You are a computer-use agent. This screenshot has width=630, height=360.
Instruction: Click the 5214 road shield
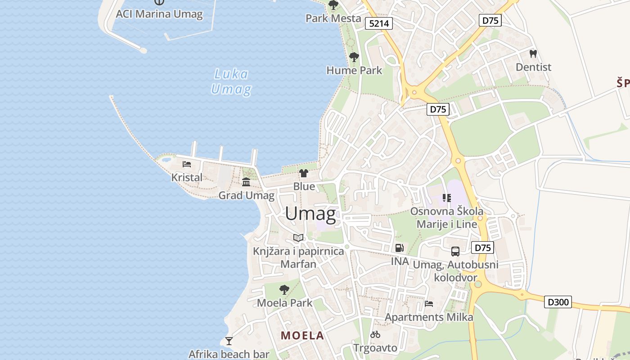379,23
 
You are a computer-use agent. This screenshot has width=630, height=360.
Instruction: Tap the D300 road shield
558,302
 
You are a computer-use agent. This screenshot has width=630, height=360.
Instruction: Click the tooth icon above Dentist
533,54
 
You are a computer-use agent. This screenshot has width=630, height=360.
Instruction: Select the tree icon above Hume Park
354,57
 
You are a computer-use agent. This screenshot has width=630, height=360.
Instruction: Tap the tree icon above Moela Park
284,289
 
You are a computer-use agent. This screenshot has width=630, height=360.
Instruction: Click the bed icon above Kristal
187,164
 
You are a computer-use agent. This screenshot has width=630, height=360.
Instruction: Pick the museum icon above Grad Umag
246,182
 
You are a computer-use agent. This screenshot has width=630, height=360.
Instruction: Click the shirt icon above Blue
304,173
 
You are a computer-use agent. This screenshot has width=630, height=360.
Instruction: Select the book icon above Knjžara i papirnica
298,238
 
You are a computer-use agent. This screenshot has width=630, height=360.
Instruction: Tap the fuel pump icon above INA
399,247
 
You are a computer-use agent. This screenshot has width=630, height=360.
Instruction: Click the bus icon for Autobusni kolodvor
455,251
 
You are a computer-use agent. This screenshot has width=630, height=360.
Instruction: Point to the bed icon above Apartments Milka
429,304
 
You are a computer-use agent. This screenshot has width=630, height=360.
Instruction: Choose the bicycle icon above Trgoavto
375,334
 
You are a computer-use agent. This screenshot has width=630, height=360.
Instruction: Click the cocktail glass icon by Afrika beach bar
229,341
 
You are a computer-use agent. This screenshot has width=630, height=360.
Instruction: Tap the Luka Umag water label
231,81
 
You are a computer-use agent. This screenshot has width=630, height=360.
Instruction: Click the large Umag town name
310,214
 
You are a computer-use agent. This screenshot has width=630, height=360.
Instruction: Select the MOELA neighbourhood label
302,335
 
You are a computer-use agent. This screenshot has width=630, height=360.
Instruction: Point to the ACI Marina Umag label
159,14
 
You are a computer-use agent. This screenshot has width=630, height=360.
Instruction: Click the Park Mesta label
333,18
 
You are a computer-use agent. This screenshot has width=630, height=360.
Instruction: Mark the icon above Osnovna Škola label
446,198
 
